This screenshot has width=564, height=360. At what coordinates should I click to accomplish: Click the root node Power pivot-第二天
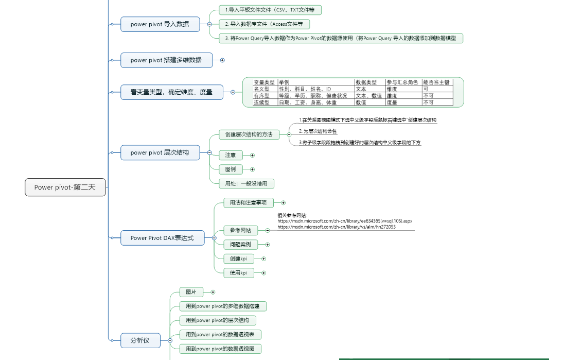[65, 187]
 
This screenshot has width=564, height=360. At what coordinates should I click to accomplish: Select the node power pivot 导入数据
[160, 24]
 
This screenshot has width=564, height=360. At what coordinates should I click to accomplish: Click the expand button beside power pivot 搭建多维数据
[222, 60]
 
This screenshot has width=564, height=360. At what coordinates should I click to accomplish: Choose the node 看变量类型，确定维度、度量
[171, 92]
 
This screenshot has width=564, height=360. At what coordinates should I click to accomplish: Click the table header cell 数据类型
[366, 82]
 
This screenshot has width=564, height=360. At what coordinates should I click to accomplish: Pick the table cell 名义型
[262, 89]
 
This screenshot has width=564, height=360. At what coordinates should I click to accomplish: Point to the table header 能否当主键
[436, 82]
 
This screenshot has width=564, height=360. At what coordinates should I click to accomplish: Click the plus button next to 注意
[252, 155]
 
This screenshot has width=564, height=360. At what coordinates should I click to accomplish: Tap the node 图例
[231, 169]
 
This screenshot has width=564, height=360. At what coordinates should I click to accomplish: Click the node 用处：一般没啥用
[246, 183]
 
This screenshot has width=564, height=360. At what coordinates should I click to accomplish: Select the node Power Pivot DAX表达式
[162, 238]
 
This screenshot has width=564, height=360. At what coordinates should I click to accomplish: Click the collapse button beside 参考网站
[268, 230]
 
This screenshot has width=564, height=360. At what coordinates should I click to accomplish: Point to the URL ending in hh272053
[337, 227]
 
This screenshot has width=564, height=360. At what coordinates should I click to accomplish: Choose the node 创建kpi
[239, 259]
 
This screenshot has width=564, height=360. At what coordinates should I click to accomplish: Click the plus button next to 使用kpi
[264, 273]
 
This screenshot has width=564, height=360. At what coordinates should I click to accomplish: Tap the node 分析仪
[140, 340]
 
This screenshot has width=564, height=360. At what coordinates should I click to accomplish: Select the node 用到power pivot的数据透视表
[220, 334]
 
